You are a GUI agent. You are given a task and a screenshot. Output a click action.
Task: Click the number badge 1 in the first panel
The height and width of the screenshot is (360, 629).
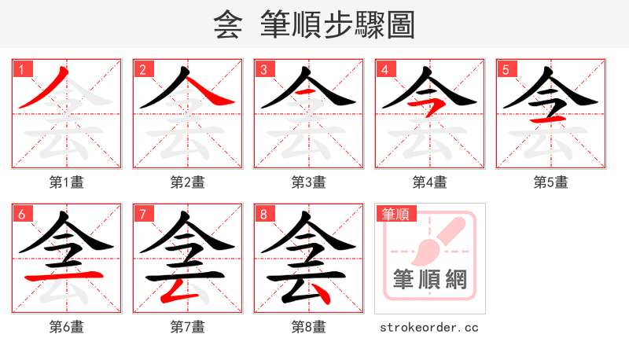click(x=22, y=69)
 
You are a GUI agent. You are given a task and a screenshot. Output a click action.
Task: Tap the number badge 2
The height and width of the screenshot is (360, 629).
click(x=143, y=69)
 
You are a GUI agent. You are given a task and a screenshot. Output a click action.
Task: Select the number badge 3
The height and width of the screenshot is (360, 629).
click(x=264, y=69)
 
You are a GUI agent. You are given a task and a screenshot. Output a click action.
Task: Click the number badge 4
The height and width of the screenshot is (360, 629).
click(x=385, y=69)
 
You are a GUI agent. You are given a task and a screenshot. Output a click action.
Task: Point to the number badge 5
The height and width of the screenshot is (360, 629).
click(x=506, y=69)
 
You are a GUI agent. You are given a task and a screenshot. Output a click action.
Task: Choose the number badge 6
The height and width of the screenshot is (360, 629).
click(x=22, y=214)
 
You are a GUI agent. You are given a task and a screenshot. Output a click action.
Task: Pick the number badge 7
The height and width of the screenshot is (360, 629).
click(x=143, y=214)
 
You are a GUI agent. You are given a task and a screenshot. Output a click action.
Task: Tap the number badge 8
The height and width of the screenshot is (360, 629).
click(x=264, y=214)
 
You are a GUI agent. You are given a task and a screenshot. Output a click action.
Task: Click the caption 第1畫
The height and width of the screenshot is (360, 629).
click(x=67, y=182)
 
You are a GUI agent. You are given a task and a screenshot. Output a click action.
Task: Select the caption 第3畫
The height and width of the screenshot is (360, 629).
click(x=309, y=182)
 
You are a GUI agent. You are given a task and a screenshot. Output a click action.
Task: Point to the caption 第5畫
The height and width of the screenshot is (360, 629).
click(x=551, y=182)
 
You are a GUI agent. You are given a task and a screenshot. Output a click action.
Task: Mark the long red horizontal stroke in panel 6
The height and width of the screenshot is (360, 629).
click(x=66, y=276)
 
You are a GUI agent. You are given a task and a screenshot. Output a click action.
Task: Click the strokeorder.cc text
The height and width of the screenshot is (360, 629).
click(x=429, y=327)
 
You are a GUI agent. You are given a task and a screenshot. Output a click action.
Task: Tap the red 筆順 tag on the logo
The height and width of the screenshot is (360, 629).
click(x=397, y=214)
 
